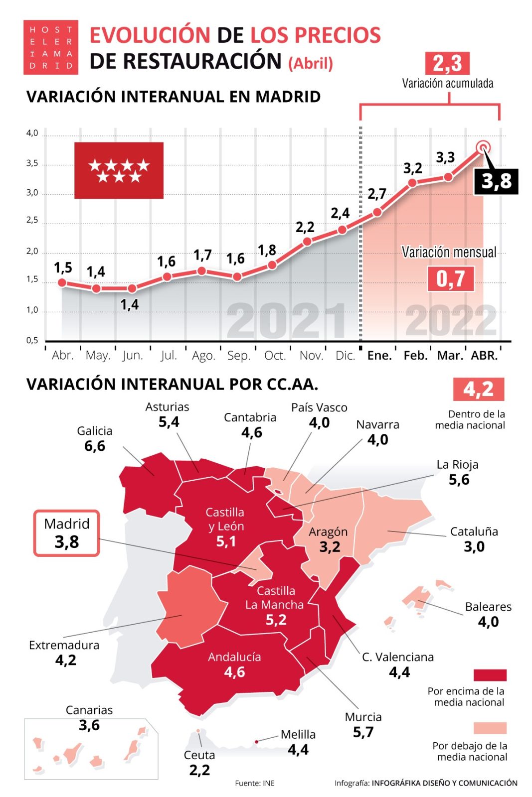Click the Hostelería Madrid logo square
coord(51,47)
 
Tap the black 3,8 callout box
coord(496,181)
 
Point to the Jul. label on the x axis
coord(169,355)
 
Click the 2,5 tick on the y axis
coord(32,220)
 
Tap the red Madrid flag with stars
coord(119,170)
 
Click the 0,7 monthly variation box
coord(451,278)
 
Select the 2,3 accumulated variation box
coord(447,64)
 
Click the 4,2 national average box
coord(478,389)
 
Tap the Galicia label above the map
coord(95,431)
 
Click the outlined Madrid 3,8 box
coord(67,533)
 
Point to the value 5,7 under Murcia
coord(363,732)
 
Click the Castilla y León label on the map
coord(225,519)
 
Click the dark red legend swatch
coord(490,675)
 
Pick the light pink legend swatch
coord(490,728)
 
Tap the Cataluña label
coord(474,531)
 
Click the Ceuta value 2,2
coord(199,770)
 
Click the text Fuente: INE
coord(255,783)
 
